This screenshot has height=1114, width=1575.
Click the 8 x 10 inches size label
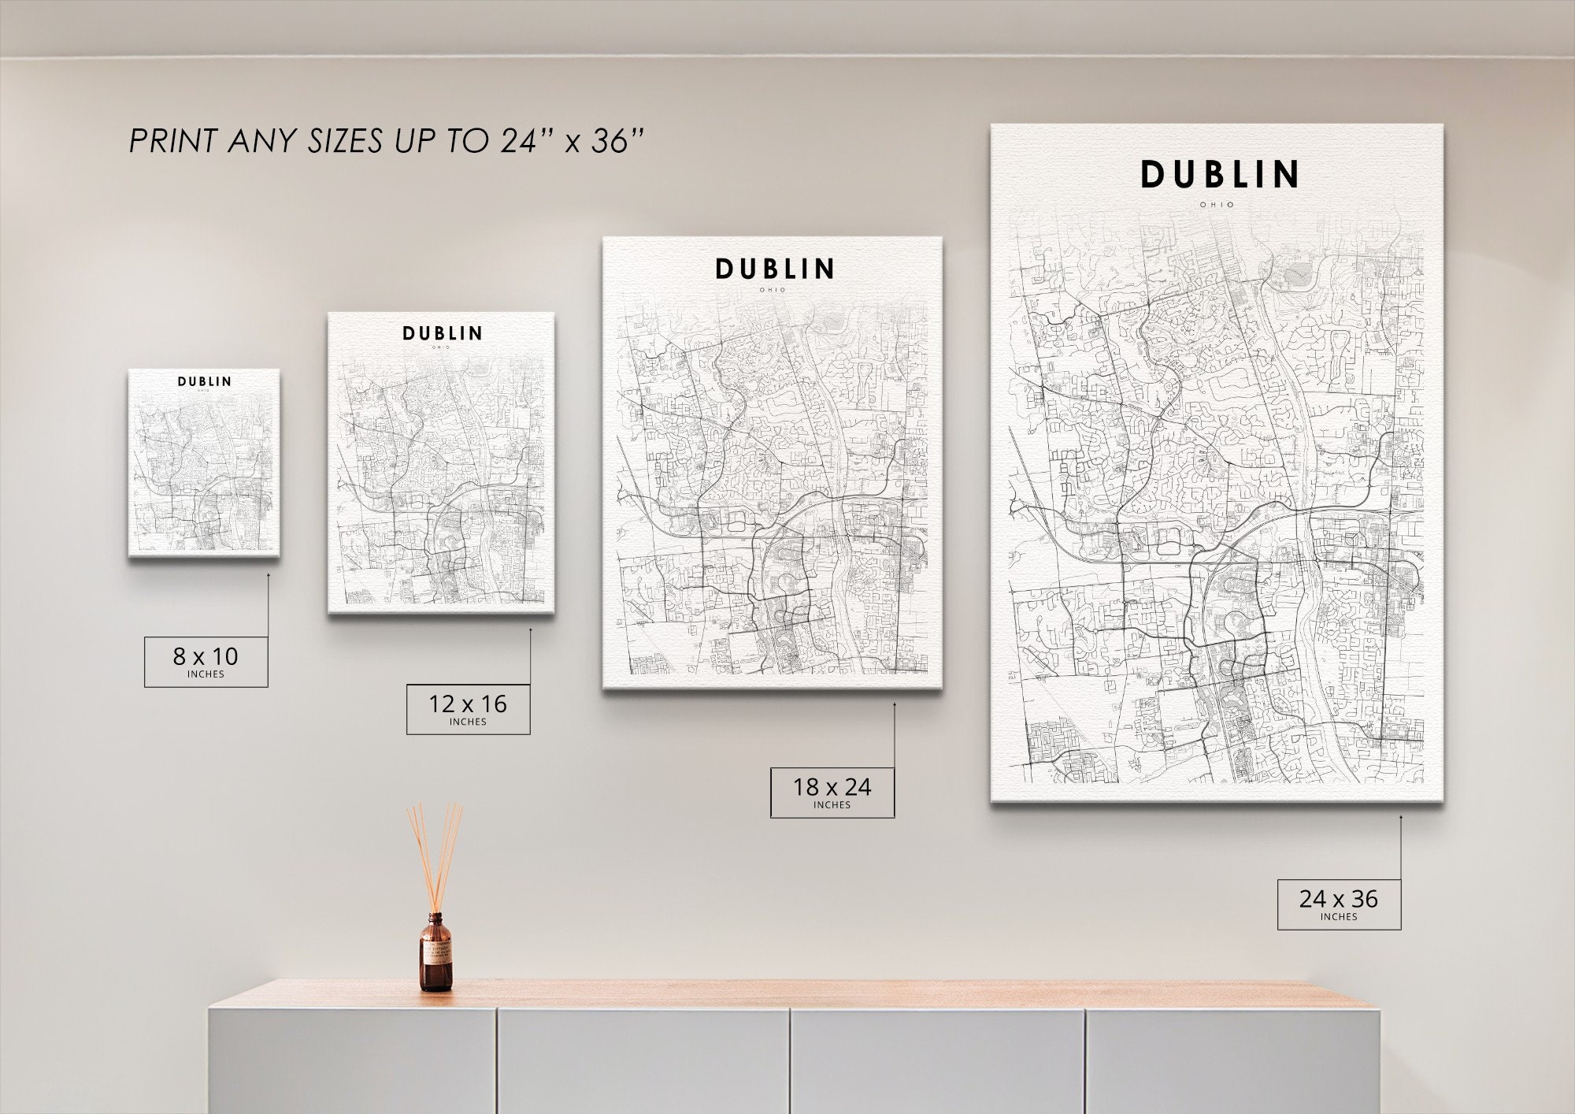(x=206, y=661)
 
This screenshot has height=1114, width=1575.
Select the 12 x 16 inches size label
(x=468, y=709)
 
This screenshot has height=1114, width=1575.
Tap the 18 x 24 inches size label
(x=832, y=792)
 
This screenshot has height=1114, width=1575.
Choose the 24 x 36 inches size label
(x=1339, y=904)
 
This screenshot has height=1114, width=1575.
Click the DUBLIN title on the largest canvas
(x=1219, y=175)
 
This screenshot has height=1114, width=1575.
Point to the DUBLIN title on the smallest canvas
(x=204, y=381)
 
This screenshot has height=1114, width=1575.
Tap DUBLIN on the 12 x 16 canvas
(x=442, y=333)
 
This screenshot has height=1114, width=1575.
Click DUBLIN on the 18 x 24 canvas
(x=774, y=269)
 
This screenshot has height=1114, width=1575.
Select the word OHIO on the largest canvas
(x=1217, y=205)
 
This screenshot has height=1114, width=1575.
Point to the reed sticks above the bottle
(x=434, y=855)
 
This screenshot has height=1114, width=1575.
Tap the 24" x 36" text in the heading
(x=572, y=142)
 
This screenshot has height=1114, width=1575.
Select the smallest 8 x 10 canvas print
(x=204, y=463)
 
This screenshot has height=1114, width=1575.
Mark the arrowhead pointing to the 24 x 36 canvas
(x=1401, y=817)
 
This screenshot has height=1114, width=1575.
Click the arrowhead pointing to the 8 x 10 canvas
(x=268, y=575)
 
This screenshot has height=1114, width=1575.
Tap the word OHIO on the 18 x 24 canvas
(x=773, y=290)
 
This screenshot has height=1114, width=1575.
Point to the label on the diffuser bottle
(x=435, y=956)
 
